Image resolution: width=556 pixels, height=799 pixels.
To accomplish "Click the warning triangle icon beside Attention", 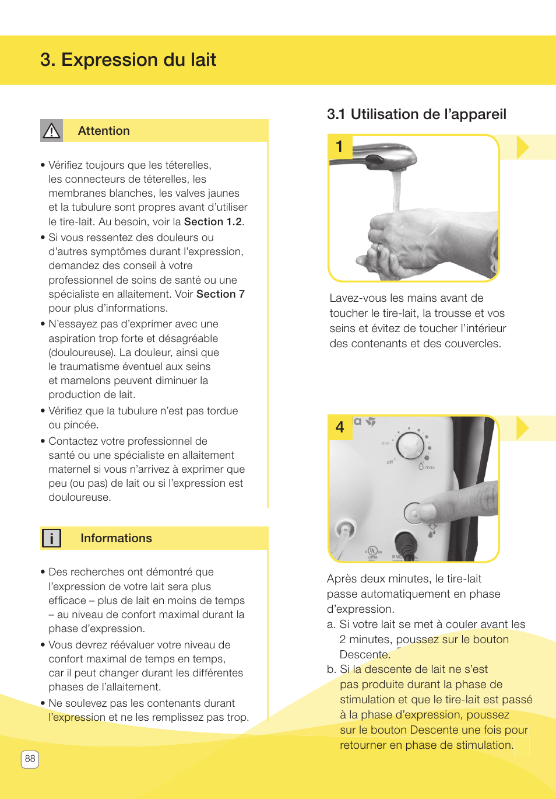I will point(51,131).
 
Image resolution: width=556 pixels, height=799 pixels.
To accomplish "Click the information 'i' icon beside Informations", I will point(51,538).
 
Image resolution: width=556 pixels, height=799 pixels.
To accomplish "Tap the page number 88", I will point(30,759).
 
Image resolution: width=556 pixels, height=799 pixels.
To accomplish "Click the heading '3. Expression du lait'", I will point(128,60).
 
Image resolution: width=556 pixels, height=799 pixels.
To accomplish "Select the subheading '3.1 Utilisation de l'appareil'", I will point(416,114).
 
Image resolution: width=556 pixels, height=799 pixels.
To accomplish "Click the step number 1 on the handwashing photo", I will point(340,146).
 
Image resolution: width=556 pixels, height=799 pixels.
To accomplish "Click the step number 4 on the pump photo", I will point(340,427).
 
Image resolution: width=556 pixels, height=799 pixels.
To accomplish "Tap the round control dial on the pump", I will point(410,445).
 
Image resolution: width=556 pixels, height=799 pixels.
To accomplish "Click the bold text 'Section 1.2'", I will point(213,222).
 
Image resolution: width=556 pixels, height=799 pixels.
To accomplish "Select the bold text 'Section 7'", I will point(220,294).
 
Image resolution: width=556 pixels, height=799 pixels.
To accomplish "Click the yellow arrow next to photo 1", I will point(522,147).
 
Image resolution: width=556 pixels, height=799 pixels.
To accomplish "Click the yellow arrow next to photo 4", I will point(522,428).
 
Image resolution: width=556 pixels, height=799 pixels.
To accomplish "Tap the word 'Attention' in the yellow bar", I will point(104,131).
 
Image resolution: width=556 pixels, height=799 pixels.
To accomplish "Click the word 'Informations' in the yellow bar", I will point(116,538).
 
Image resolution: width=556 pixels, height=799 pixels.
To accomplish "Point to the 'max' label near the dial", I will point(430,467).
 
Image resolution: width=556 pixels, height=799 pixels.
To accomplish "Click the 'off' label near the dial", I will point(390,462).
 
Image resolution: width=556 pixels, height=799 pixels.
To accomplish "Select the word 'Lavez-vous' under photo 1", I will point(355,298).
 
